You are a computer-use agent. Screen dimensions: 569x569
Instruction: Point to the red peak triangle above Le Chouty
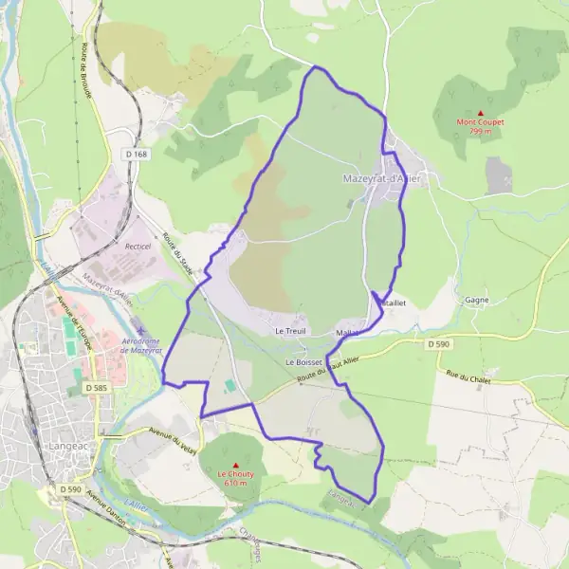pos(232,465)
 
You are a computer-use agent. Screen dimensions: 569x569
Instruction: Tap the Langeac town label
pos(66,443)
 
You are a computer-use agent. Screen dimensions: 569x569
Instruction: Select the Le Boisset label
pos(303,362)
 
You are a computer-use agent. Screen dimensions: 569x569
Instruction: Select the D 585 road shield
pos(95,388)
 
